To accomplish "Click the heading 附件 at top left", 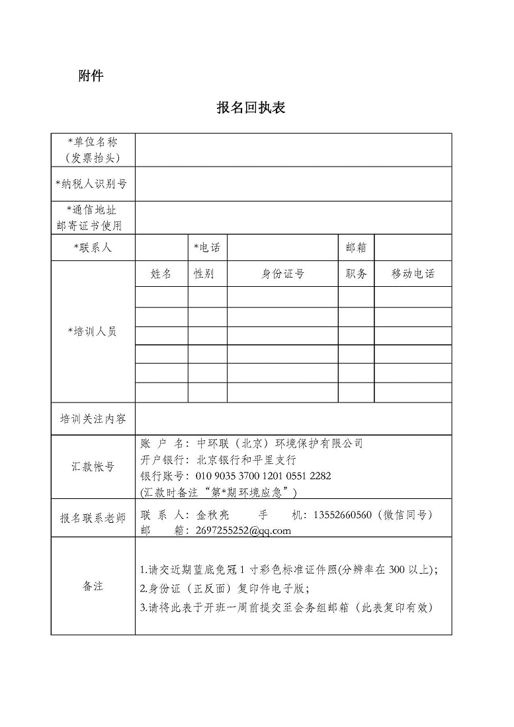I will click(x=91, y=76).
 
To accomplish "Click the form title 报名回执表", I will click(x=251, y=108).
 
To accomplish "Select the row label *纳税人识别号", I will click(x=93, y=184).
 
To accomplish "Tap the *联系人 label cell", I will click(x=93, y=248).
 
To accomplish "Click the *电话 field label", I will click(x=206, y=248).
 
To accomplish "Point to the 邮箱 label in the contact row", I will click(x=356, y=248).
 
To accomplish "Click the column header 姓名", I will click(x=161, y=274).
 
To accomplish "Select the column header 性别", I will click(x=204, y=274).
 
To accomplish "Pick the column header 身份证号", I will click(x=282, y=274).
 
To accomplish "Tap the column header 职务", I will click(x=356, y=274).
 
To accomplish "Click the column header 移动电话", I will click(x=413, y=274).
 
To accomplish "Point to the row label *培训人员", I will click(x=93, y=332).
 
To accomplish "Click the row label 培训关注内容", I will click(x=93, y=419).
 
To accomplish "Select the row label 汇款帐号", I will click(x=93, y=467).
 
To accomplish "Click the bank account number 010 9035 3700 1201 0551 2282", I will click(x=264, y=476).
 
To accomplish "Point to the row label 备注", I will click(x=93, y=586).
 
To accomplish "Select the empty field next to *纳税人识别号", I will click(x=293, y=184).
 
